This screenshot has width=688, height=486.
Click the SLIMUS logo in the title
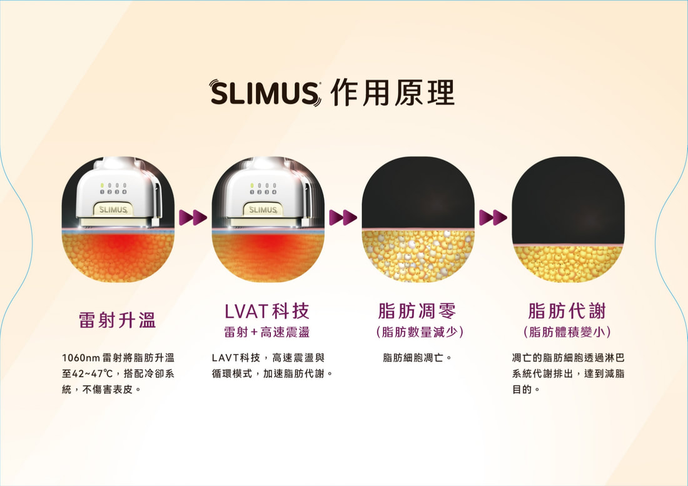[265, 93]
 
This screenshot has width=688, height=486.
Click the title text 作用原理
[393, 93]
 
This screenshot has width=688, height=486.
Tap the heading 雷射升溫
[118, 320]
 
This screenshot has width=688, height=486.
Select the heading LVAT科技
[267, 311]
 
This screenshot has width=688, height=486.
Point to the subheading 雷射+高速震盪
[267, 332]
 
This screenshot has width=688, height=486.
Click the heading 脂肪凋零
[417, 311]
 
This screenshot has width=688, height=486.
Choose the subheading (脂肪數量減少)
[420, 332]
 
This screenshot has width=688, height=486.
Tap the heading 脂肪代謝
[567, 311]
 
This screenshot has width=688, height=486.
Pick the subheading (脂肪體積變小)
[567, 332]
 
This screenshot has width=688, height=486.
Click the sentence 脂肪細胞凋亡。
[417, 358]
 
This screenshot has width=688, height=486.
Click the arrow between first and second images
[193, 217]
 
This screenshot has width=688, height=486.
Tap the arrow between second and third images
[343, 217]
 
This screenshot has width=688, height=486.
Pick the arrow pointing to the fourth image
[493, 217]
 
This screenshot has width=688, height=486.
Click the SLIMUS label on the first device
[113, 210]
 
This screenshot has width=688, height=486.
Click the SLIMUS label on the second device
[263, 210]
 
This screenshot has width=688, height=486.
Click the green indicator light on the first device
[102, 186]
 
